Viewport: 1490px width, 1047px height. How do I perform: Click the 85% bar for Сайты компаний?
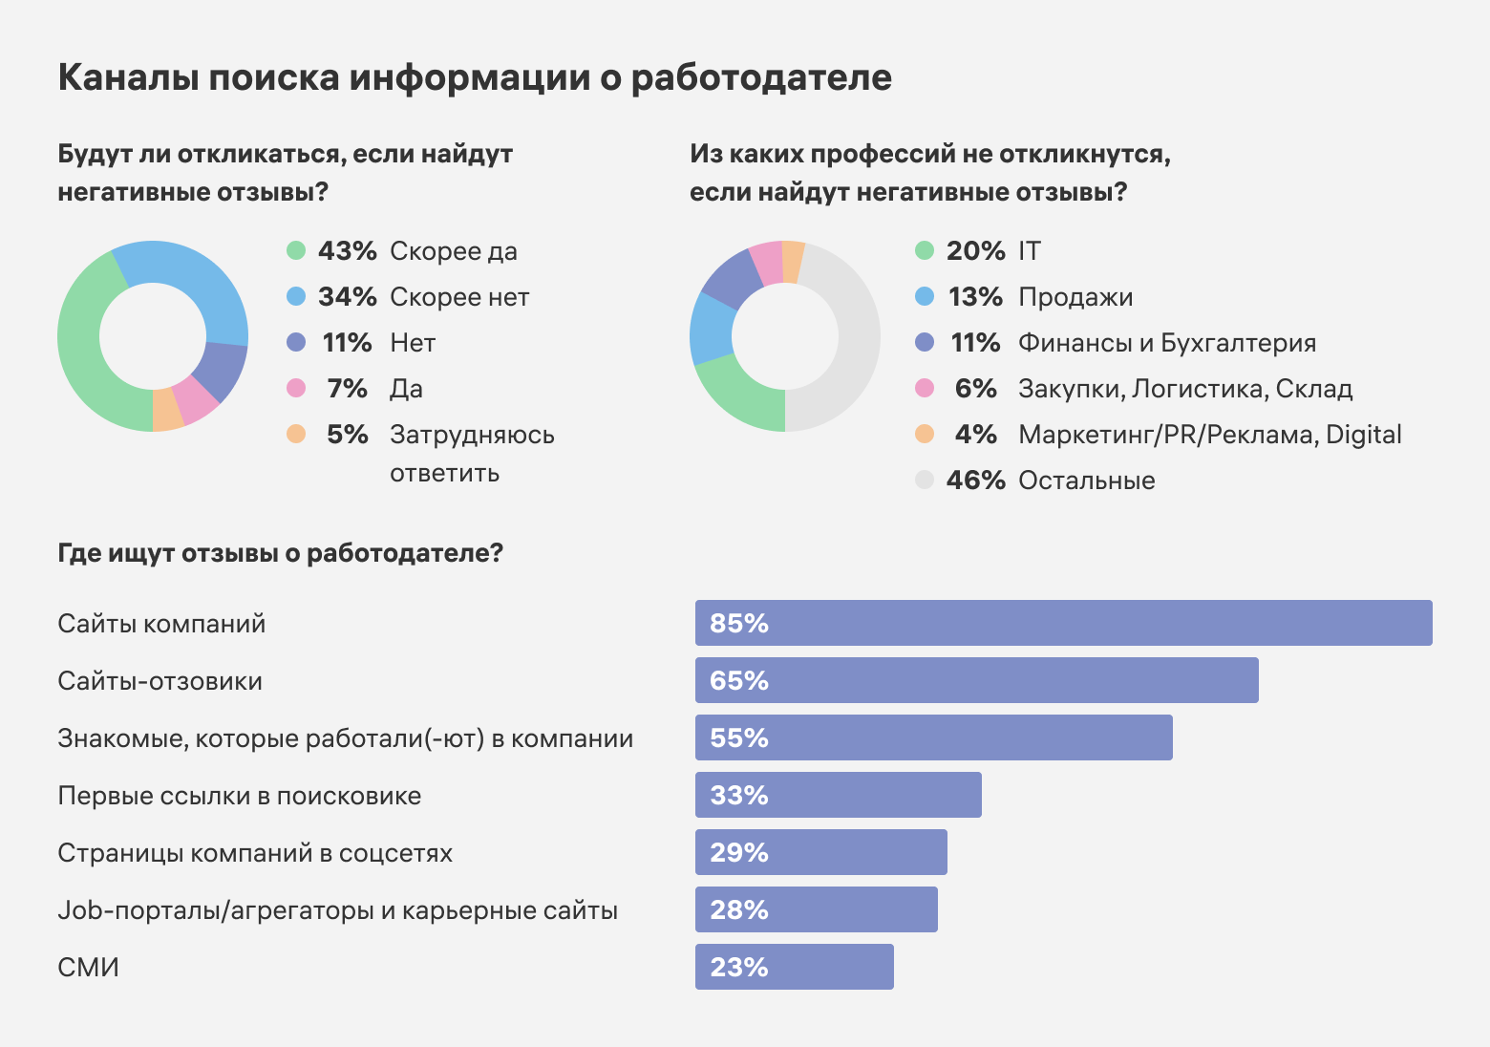click(1063, 623)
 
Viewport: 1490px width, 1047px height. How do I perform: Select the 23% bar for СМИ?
click(794, 967)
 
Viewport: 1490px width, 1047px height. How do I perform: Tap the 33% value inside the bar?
click(739, 796)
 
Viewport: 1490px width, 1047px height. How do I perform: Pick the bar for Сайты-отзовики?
click(976, 680)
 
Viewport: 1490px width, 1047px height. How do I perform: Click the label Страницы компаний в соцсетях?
click(255, 853)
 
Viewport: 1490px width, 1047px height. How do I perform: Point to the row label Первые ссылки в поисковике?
click(239, 796)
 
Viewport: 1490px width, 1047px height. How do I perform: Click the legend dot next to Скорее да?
click(296, 251)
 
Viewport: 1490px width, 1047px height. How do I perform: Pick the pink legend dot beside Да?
click(296, 389)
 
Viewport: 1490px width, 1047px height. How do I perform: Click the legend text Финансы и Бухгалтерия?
click(1166, 343)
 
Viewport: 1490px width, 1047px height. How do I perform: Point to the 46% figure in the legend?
click(975, 481)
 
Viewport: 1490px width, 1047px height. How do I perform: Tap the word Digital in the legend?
click(1363, 435)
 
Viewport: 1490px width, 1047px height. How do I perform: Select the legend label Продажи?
click(1075, 297)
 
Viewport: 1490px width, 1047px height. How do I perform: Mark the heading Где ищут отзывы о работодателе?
click(280, 553)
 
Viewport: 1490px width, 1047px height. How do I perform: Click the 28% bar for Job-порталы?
click(816, 909)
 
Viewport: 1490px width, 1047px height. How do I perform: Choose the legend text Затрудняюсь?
click(472, 435)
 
